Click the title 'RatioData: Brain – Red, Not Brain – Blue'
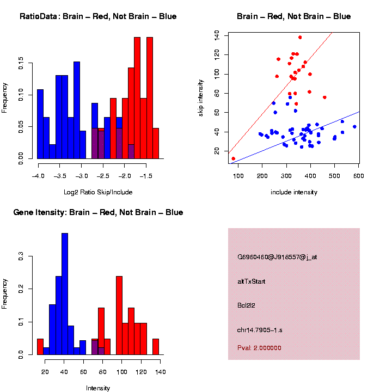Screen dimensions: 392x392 [x=98, y=16]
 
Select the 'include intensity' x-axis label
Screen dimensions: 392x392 [x=294, y=192]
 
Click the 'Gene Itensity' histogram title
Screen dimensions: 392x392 [x=98, y=212]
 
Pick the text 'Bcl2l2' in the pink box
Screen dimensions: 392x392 [x=246, y=305]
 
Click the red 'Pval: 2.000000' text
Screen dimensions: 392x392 [x=259, y=347]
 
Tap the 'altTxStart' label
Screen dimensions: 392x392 [x=251, y=281]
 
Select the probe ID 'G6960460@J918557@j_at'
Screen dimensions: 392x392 [x=277, y=257]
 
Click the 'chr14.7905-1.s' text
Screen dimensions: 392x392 [x=260, y=330]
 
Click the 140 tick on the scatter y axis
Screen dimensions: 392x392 [x=217, y=35]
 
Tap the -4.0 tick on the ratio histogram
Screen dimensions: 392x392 [x=38, y=176]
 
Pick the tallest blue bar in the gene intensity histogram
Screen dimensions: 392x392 [x=65, y=294]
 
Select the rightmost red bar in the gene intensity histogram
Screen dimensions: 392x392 [x=156, y=346]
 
